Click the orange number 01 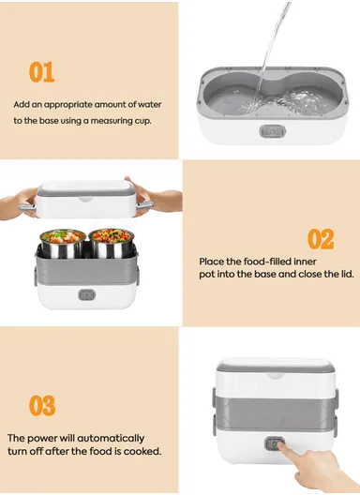(x=41, y=72)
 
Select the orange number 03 (x=41, y=405)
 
